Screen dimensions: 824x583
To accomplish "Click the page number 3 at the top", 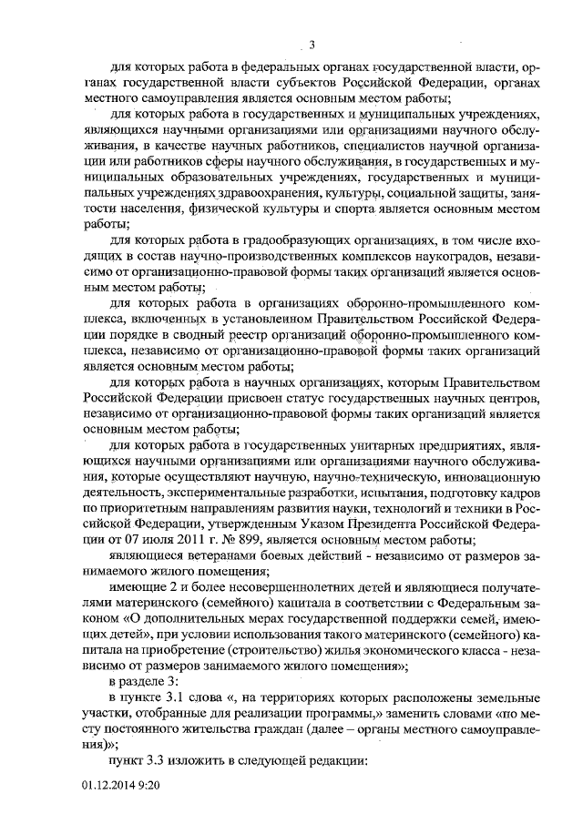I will click(312, 46).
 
